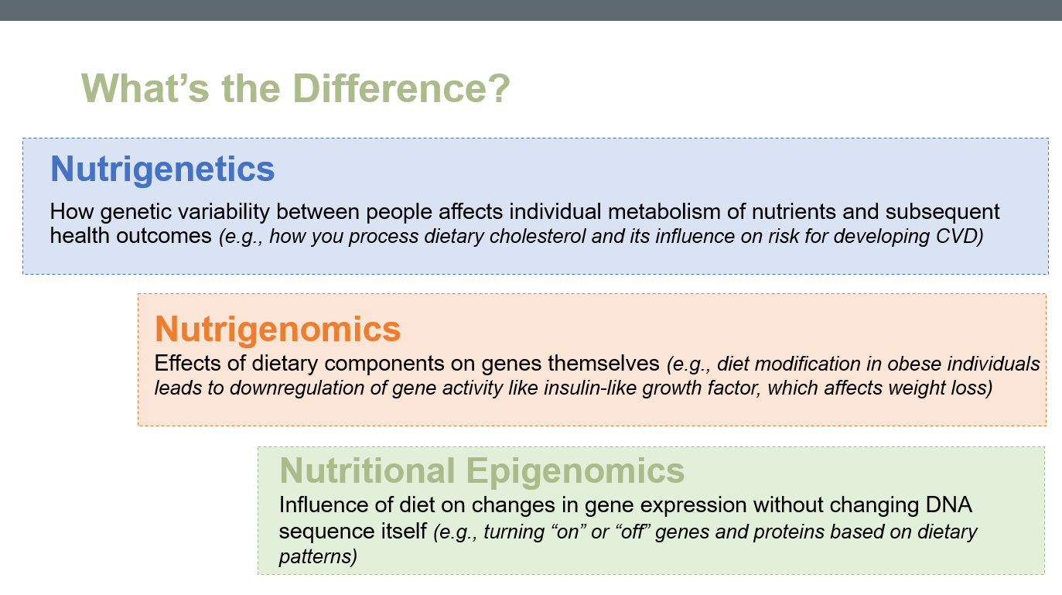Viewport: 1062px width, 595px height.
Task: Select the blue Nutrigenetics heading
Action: point(162,169)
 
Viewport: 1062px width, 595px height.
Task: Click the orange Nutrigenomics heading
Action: point(278,329)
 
